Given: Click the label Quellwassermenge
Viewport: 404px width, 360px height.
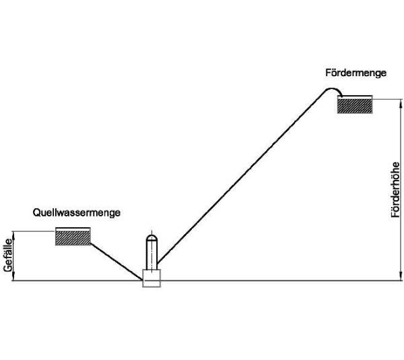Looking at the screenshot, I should [x=77, y=212].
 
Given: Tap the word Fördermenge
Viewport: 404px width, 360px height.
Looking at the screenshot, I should [x=354, y=73].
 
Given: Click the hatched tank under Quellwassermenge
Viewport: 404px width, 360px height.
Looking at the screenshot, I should [x=73, y=237].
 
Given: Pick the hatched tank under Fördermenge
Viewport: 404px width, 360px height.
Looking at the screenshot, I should [x=356, y=106].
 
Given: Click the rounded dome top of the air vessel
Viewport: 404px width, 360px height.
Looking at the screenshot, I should [x=151, y=239].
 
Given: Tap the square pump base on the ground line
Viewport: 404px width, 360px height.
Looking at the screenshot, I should [x=151, y=276].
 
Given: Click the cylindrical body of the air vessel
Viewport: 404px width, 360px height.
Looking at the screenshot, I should [x=151, y=256].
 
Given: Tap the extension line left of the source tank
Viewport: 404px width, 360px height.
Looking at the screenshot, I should [x=34, y=231].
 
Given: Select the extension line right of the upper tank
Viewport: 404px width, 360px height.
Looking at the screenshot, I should [x=384, y=98].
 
